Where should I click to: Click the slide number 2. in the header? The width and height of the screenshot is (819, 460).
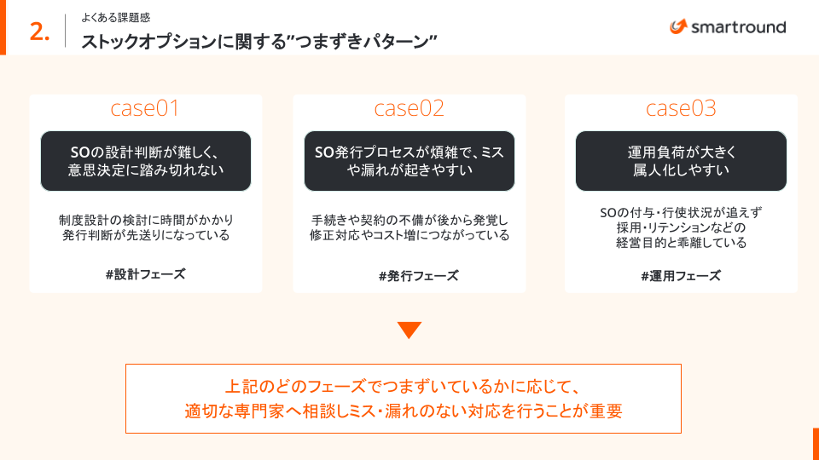coord(39,32)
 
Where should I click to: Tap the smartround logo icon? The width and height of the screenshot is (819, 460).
coord(678,27)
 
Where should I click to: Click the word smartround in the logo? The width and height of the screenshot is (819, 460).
coord(738,27)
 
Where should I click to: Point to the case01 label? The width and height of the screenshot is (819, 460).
coord(145,108)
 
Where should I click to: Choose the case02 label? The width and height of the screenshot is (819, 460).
coord(409,108)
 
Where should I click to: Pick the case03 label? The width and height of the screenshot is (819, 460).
coord(681,108)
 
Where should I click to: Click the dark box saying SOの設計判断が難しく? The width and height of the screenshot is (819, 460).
coord(145,161)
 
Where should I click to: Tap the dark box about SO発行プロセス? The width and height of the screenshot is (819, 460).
coord(409,161)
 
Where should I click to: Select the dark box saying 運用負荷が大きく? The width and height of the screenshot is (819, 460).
coord(681,161)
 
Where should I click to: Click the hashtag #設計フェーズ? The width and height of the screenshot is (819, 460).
coord(145,274)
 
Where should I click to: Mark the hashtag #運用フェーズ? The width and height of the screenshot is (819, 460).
coord(681,276)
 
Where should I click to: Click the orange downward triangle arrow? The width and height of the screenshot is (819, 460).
coord(409,330)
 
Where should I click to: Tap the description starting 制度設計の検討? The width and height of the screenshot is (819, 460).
coord(145,227)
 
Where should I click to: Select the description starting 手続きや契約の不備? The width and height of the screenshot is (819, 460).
coord(409,227)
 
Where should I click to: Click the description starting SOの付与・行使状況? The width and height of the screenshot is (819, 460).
coord(681,227)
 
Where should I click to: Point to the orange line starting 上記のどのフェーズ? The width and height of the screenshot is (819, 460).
coord(403,385)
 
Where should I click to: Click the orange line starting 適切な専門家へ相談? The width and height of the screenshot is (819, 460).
coord(403,411)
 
